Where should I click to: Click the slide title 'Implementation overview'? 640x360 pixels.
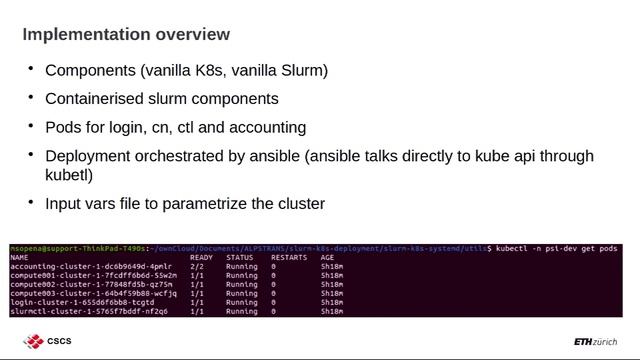tap(126, 35)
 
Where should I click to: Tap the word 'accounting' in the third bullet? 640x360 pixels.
tap(266, 128)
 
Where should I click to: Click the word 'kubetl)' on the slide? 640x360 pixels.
tap(69, 175)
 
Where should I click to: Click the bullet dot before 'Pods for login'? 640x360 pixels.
tap(30, 126)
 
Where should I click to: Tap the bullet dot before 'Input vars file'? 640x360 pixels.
tap(30, 202)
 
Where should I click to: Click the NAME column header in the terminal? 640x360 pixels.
tap(19, 257)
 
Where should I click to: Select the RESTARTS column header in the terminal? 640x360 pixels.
tap(289, 257)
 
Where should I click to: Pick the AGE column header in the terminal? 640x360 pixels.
tap(327, 257)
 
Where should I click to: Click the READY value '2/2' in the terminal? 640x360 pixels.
tap(196, 266)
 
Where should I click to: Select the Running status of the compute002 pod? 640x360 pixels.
tap(241, 284)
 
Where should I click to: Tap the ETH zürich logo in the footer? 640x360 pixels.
tap(595, 342)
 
